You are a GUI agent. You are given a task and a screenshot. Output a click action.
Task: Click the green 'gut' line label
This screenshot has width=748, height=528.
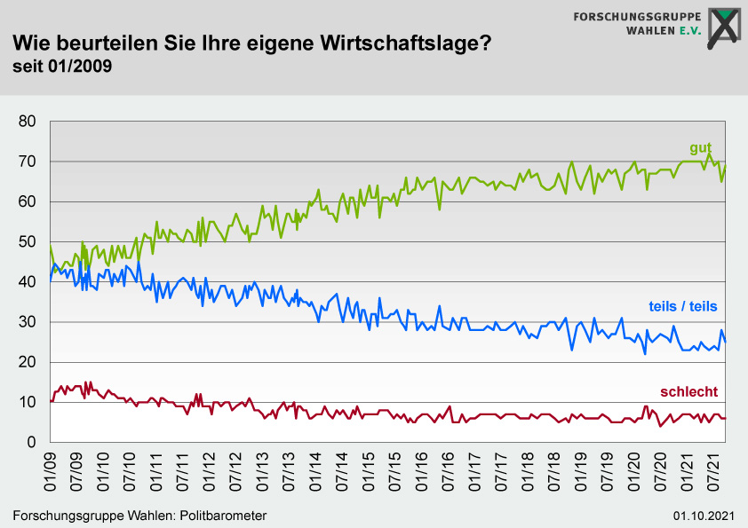[x=701, y=148]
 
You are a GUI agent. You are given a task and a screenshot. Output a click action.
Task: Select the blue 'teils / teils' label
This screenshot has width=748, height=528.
[x=682, y=306]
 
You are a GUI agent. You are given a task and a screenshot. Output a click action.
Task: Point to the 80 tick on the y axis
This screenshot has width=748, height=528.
[x=27, y=122]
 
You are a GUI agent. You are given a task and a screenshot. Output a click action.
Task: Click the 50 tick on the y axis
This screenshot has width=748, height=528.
[x=27, y=242]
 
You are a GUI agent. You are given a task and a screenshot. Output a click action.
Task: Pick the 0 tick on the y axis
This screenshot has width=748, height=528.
[x=31, y=443]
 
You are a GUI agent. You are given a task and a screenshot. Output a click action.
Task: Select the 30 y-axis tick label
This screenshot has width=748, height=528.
[x=27, y=322]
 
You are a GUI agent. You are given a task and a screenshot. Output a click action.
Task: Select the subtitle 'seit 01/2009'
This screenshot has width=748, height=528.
[x=61, y=66]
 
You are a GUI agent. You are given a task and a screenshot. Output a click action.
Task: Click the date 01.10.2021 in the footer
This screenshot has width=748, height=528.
[x=704, y=516]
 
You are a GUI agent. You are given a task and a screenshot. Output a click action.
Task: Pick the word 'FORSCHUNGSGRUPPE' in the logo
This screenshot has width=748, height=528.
[x=637, y=16]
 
